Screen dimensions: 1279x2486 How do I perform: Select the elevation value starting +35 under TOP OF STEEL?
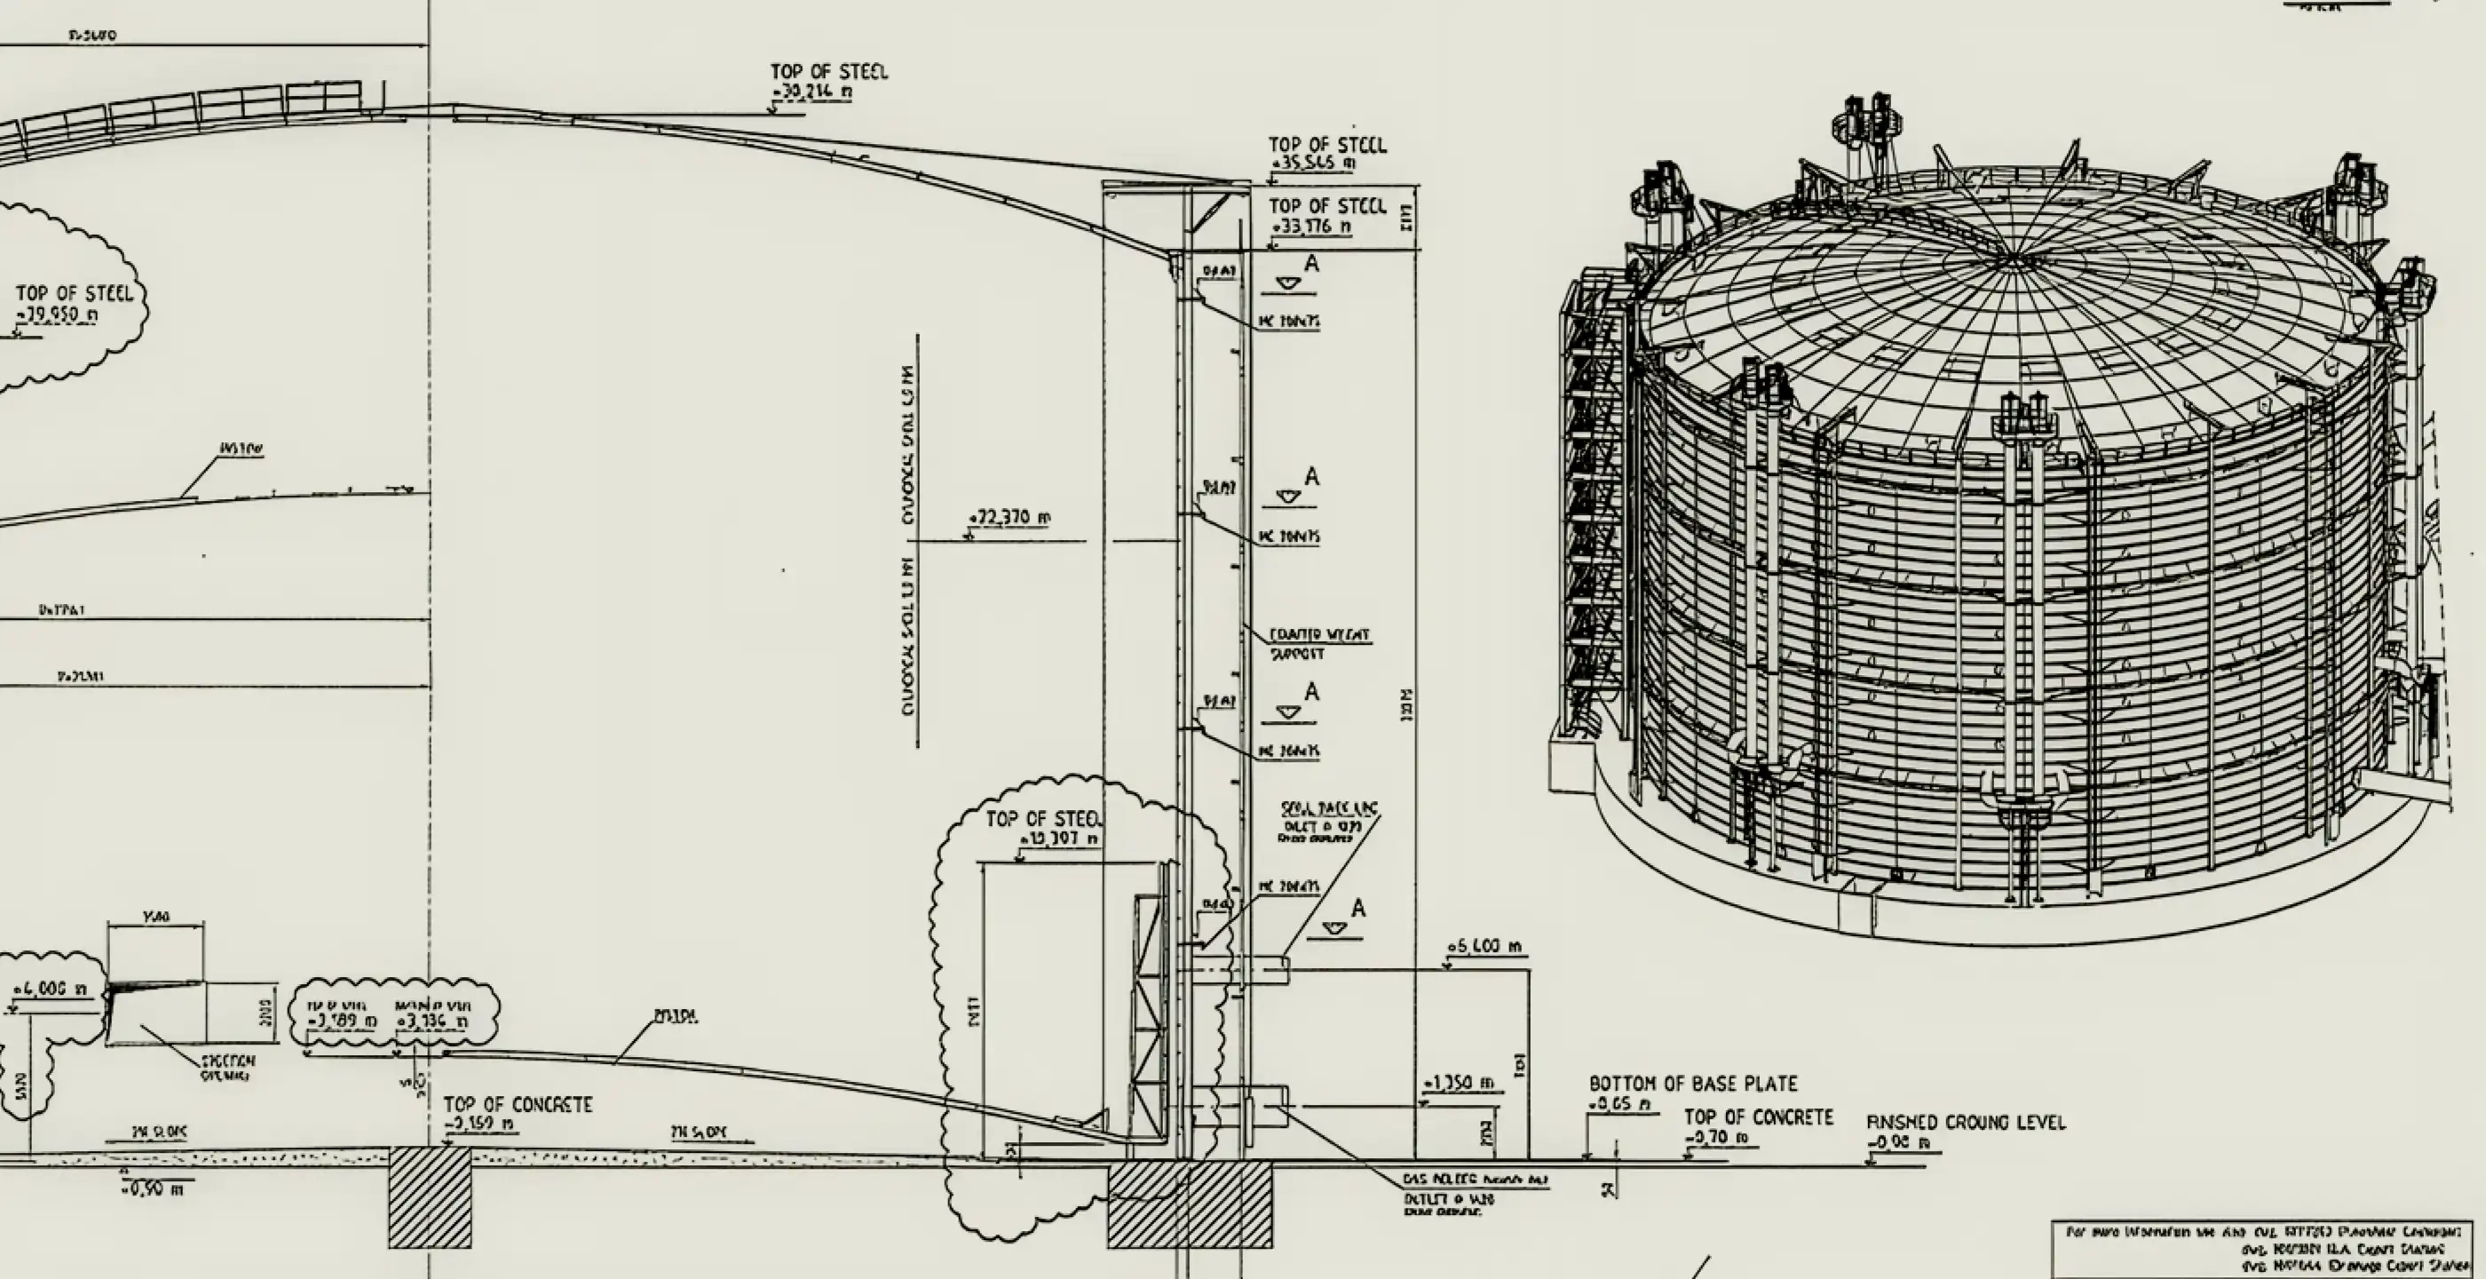[x=1313, y=164]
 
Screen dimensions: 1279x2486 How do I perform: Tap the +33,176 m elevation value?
[x=1311, y=226]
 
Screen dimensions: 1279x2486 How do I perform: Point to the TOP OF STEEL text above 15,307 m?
[x=1042, y=820]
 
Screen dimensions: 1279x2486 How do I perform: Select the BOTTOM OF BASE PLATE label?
[x=1693, y=1084]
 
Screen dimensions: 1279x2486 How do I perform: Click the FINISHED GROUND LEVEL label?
[x=1965, y=1123]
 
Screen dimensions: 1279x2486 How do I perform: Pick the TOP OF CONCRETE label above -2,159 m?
[x=518, y=1104]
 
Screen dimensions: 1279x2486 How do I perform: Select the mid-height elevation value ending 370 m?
[x=1009, y=519]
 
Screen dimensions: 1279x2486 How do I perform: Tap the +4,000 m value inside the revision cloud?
[x=51, y=989]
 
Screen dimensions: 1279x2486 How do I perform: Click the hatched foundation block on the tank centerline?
[x=431, y=1197]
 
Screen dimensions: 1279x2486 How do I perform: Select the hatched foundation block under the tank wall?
[x=1189, y=1204]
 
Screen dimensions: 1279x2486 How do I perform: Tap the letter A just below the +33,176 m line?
[x=1310, y=264]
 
